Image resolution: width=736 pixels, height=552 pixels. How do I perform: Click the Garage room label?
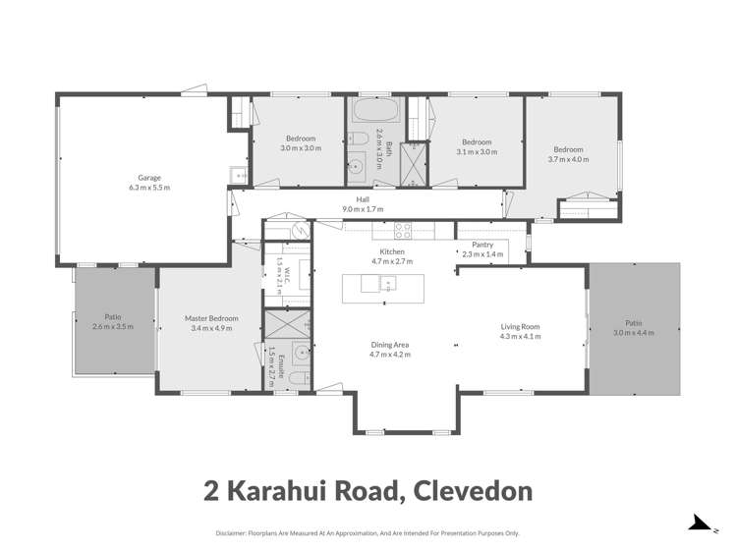click(x=149, y=178)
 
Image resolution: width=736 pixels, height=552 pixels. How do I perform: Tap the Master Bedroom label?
click(x=211, y=318)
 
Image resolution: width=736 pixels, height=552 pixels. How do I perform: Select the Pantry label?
click(x=481, y=245)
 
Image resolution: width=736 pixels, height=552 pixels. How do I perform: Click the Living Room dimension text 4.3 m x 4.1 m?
click(x=520, y=336)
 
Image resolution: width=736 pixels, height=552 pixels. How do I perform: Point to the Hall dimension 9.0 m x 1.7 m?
click(x=363, y=208)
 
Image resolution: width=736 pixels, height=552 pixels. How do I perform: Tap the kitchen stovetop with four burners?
click(x=402, y=231)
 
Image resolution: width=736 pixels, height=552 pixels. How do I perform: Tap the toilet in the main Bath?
click(x=359, y=138)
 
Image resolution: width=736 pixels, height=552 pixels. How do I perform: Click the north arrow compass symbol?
click(x=699, y=524)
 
